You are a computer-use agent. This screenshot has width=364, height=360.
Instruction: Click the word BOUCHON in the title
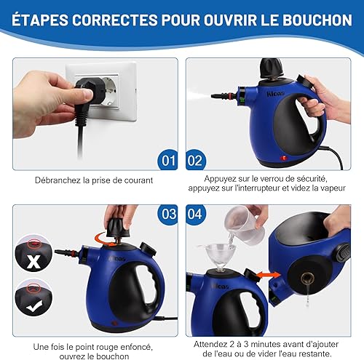tap(317, 20)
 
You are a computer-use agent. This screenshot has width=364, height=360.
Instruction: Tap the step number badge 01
tap(167, 160)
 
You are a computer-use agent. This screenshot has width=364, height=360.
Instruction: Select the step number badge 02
tap(196, 160)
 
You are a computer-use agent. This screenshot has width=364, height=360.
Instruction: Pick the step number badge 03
tap(167, 215)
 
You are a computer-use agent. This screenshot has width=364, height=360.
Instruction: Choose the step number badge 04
tap(196, 215)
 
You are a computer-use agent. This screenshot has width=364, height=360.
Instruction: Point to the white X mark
tap(33, 261)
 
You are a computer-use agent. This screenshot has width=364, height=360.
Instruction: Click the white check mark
tap(34, 306)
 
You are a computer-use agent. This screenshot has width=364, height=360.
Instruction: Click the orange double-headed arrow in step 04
tap(269, 275)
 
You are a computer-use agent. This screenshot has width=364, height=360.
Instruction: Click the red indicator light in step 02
tap(283, 159)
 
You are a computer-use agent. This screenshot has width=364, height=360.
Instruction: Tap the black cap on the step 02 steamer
tap(272, 68)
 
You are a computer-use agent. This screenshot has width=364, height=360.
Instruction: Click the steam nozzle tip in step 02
tap(213, 96)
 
